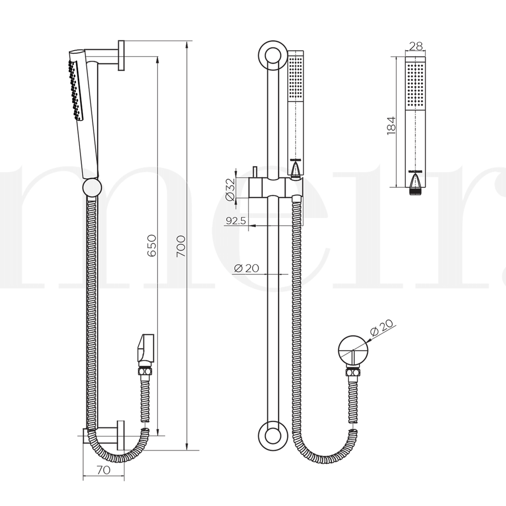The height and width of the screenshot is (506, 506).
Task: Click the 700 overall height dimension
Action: pos(181,246)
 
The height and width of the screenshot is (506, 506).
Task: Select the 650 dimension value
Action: pos(151,246)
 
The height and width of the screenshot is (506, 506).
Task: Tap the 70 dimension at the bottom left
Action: pos(104,470)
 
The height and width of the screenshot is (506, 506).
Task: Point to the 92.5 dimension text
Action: pos(235,221)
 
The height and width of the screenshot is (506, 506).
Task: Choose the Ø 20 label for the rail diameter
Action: pos(246,268)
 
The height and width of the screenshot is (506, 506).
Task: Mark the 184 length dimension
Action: pos(392,126)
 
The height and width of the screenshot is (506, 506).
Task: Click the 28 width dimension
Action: pos(416,46)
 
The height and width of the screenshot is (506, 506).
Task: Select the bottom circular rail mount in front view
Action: pos(272,434)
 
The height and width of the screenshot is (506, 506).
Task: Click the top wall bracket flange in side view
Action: pos(121,56)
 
